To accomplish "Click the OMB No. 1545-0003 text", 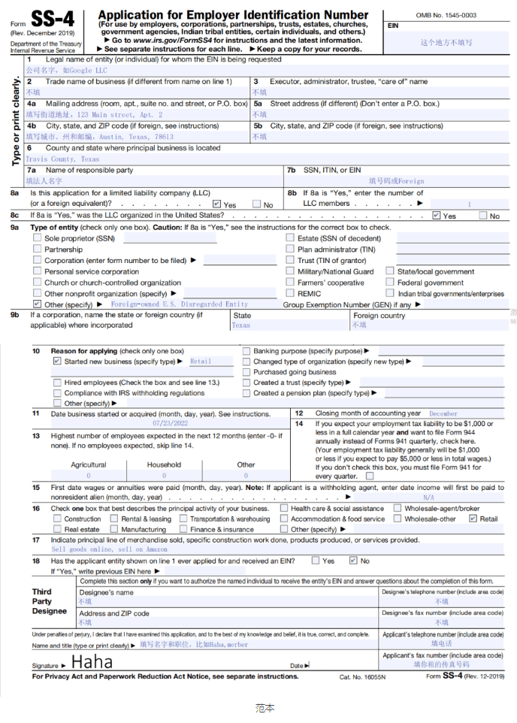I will [446, 15].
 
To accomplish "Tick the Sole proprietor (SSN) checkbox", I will [37, 238].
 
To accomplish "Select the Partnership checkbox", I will [37, 250].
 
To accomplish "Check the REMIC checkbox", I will [290, 294].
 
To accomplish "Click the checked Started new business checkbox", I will [57, 361].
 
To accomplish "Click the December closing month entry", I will [443, 413].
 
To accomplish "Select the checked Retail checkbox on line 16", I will [473, 519].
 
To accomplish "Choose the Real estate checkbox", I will [57, 529].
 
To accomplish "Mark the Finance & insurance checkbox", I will [183, 529].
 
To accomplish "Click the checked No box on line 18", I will [352, 561].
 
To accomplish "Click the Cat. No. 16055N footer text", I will [362, 677].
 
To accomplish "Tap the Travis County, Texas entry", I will [62, 159].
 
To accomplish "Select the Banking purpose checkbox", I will [246, 351].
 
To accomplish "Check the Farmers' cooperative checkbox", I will [290, 283].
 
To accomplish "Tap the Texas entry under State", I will [241, 325].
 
